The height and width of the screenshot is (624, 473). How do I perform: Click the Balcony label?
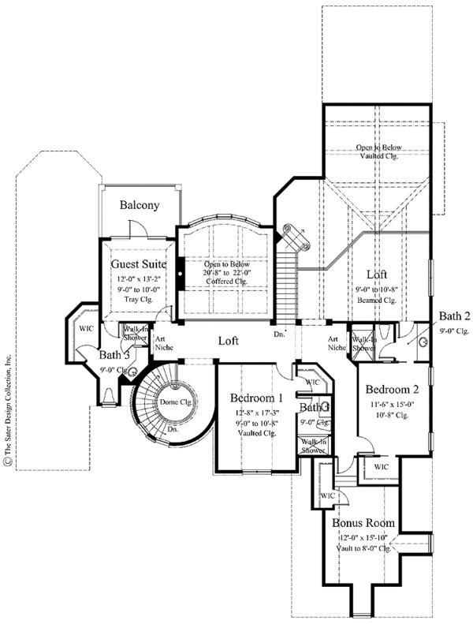click(140, 205)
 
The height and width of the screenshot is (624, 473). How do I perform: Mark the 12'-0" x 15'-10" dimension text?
click(363, 537)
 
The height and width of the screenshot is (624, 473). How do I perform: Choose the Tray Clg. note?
click(137, 297)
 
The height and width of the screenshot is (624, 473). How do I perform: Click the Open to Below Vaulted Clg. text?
click(376, 151)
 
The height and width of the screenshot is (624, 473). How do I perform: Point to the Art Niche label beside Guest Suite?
click(164, 342)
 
